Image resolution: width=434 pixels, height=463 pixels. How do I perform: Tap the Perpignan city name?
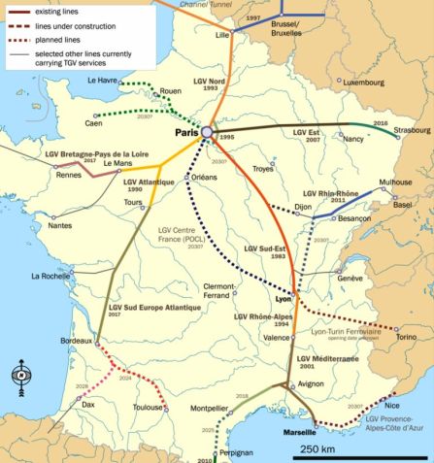coord(229,452)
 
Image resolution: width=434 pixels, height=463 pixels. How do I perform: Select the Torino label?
coord(404,337)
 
